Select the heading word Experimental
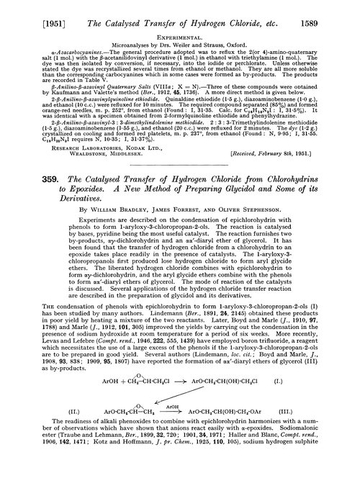tap(179, 31)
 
